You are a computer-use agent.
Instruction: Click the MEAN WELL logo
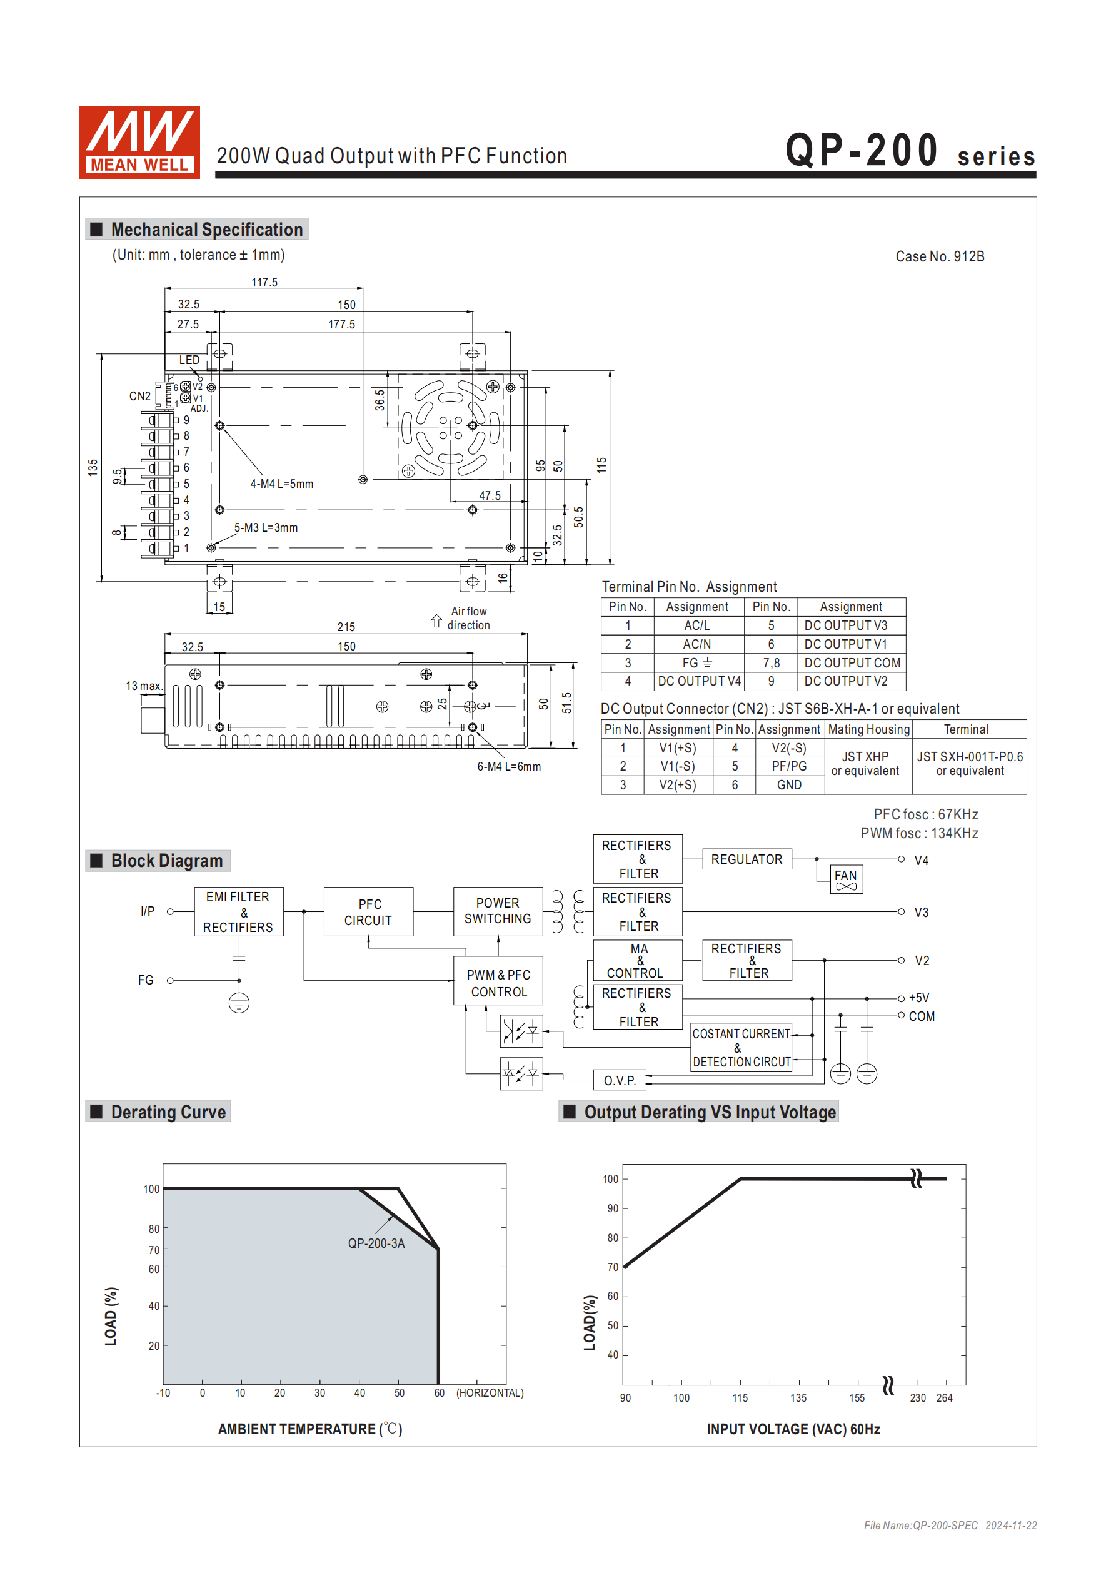click(139, 143)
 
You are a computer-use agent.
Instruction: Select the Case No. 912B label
click(939, 256)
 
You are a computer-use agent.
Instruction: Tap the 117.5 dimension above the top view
click(264, 282)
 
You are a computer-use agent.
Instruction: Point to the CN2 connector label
click(139, 397)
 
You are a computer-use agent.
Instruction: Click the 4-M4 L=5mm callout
click(281, 484)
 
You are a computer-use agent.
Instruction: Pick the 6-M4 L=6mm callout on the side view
click(508, 767)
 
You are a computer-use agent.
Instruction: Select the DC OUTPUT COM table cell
click(851, 662)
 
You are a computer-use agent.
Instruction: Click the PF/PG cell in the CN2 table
click(788, 766)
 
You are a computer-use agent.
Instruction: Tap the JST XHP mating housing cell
click(865, 763)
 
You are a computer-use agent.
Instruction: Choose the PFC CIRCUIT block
click(368, 912)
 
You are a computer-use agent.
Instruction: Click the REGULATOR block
click(747, 859)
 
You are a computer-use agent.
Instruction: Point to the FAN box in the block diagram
click(846, 879)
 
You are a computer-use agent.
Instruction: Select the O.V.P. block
click(619, 1080)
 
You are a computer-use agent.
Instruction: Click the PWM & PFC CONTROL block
click(498, 983)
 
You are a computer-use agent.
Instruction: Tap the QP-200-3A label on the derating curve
click(376, 1243)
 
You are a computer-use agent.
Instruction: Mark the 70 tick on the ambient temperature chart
click(153, 1250)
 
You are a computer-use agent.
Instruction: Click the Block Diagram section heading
click(166, 861)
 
